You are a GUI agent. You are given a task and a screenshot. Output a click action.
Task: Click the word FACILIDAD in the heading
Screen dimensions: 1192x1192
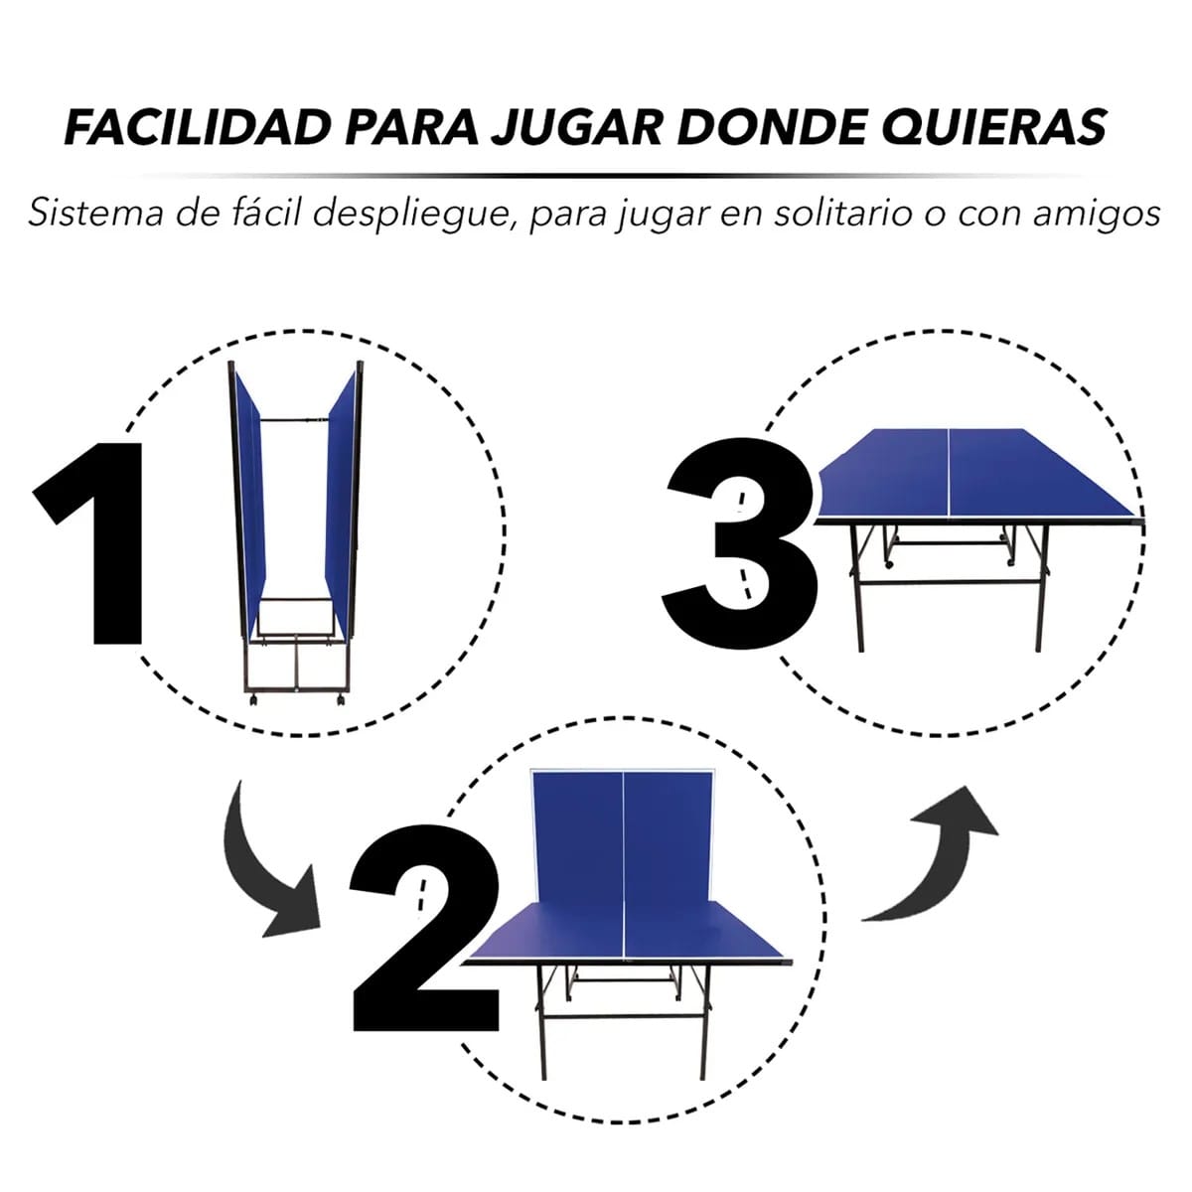coord(198,127)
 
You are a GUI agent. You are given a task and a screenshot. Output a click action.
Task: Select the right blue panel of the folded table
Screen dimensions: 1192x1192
coord(341,505)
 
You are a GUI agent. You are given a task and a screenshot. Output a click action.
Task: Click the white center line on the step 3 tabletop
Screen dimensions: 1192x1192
coord(949,473)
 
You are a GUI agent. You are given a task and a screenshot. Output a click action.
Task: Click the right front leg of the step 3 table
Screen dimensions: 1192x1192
coord(1042,589)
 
